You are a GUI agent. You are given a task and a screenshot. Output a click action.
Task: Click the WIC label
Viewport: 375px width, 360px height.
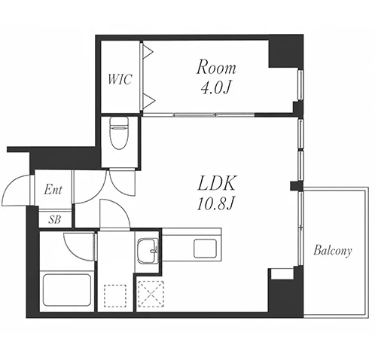tap(120, 79)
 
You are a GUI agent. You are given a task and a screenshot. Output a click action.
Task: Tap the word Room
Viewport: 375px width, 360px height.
tap(216, 67)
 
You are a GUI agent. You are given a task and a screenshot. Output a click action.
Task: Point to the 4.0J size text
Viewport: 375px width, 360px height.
tap(216, 88)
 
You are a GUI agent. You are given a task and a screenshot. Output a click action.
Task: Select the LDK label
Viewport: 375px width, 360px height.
tap(217, 183)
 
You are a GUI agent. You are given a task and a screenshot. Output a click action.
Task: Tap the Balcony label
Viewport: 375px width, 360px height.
tap(332, 251)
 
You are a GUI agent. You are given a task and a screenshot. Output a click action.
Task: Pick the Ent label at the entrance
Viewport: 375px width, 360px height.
tap(53, 190)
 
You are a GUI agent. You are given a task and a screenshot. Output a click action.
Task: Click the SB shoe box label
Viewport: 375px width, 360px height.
tap(55, 220)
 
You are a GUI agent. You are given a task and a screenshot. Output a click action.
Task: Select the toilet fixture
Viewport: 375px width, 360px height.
tap(119, 133)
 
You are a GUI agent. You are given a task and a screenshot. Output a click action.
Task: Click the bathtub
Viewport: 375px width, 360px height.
tap(67, 290)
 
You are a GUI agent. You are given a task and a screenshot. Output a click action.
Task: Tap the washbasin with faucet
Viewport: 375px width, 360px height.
tap(148, 251)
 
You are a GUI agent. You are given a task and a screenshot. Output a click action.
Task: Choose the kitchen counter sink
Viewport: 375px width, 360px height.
tap(205, 249)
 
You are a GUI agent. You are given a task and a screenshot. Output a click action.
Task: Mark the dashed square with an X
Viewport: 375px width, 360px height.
tap(151, 294)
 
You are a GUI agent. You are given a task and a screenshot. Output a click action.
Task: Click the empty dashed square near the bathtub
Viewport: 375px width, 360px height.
tap(115, 296)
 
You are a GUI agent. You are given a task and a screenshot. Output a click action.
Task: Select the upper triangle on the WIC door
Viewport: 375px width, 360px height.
tap(148, 52)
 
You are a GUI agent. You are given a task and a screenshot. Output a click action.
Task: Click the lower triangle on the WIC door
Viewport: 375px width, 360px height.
tap(148, 101)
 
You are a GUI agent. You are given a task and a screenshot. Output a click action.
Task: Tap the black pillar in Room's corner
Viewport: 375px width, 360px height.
tap(285, 51)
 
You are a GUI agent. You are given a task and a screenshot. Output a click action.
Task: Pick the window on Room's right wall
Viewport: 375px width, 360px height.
tap(300, 85)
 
